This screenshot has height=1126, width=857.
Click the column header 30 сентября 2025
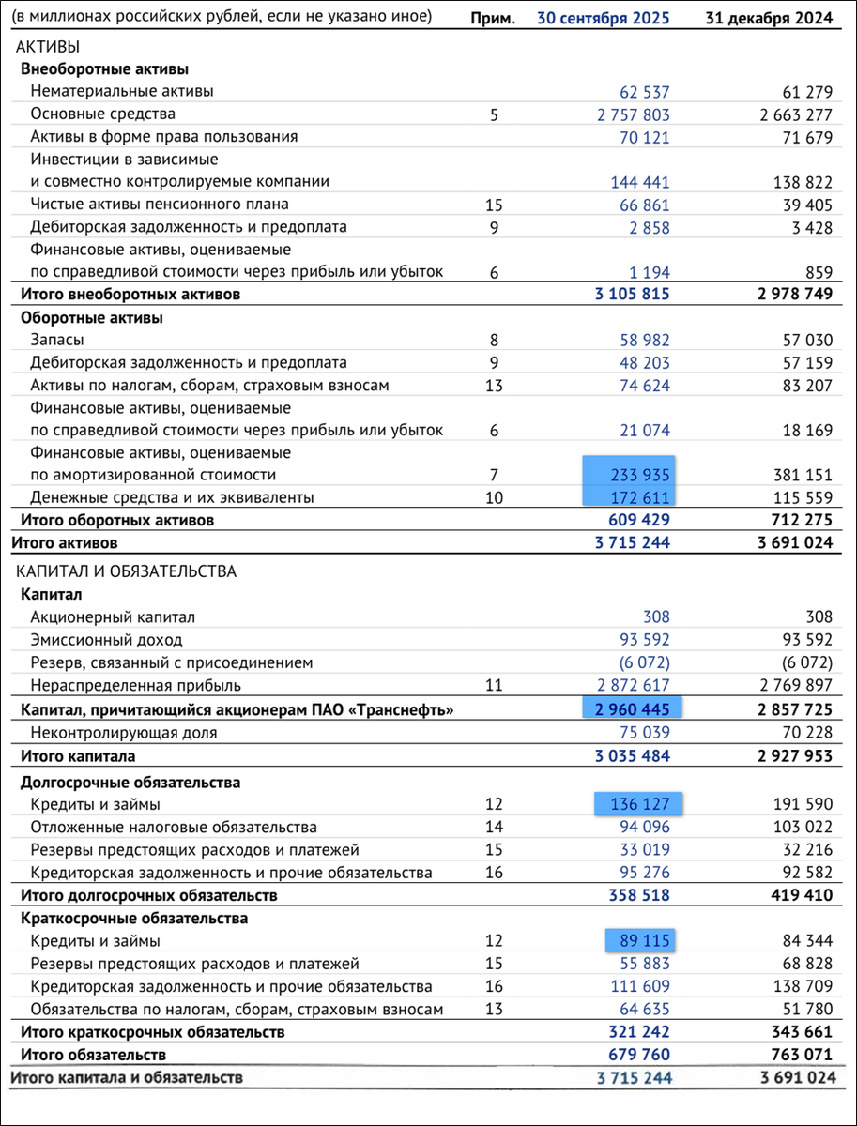[x=603, y=17]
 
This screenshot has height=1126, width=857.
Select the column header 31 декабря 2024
[x=770, y=17]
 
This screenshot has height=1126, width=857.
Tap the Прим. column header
[x=494, y=17]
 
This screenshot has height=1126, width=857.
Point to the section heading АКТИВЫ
[x=47, y=47]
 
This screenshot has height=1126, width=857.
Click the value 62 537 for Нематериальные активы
[x=645, y=92]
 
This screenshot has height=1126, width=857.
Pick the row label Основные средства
[x=102, y=114]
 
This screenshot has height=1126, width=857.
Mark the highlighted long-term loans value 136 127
[x=635, y=805]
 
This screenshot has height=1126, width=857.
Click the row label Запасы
[x=57, y=340]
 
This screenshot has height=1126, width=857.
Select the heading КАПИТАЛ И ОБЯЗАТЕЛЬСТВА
[x=124, y=571]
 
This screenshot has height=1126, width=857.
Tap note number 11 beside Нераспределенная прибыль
[x=495, y=685]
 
